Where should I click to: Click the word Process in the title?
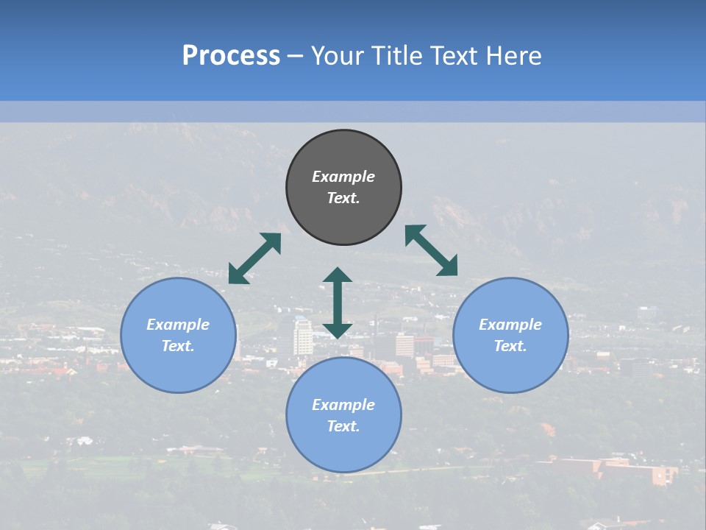tap(231, 56)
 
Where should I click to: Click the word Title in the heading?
tap(394, 56)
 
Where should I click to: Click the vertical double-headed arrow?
tap(338, 303)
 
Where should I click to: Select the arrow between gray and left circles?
tap(254, 258)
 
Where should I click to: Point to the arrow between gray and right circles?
tap(432, 250)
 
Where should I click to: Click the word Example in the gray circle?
tap(343, 177)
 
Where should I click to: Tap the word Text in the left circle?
tap(178, 346)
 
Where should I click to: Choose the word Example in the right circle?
tap(510, 325)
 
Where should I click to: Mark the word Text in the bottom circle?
tap(343, 426)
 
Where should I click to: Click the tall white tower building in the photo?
tap(302, 338)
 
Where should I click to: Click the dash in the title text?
tap(295, 57)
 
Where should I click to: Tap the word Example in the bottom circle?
tap(343, 405)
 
